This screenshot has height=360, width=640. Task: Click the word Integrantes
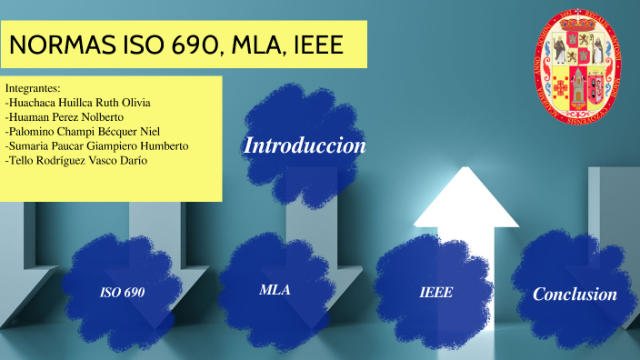[33, 88]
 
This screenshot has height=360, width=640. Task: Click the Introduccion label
[305, 145]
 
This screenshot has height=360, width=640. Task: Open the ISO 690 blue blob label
[123, 293]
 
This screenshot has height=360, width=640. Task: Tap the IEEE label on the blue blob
[435, 293]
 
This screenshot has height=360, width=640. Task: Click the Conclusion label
[575, 294]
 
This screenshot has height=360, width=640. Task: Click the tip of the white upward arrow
[465, 173]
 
